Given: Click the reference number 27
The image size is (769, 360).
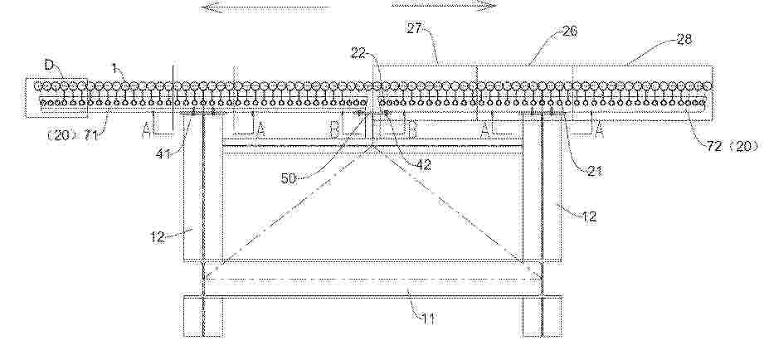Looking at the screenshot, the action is coord(415,28).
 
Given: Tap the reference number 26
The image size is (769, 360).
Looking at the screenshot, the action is coord(570,32).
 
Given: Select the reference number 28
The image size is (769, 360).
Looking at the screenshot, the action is coord(684,39).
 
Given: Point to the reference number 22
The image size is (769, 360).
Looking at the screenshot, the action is coord(358,53).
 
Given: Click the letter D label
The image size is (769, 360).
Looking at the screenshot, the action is coord(49,65).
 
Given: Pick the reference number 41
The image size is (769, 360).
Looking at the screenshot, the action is coord(163,154).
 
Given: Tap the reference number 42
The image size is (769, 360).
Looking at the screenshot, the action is coord(423,165).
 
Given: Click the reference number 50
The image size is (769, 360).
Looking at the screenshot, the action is coord(290,178).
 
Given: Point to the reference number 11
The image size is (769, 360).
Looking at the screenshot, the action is coord(428,319).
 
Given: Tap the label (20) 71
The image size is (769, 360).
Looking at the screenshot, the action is coord(73,135).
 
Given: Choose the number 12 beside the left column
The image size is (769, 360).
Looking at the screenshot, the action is coord(158,237).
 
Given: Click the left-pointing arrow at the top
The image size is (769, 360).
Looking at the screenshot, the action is coord(265,7).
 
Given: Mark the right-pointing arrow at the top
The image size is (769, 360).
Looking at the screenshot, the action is coord(445,6).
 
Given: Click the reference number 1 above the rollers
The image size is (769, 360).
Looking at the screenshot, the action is coord(114,69).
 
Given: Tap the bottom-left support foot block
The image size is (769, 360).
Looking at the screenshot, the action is coord(203,316).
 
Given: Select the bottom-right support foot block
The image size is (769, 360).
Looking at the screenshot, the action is coord(543,316).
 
